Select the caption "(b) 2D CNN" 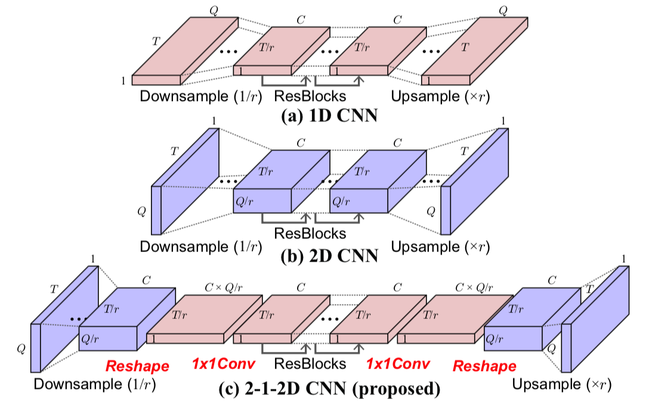pyautogui.click(x=329, y=256)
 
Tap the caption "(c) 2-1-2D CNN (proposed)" pyautogui.click(x=329, y=391)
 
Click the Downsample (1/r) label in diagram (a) pyautogui.click(x=200, y=97)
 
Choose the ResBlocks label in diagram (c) pyautogui.click(x=310, y=363)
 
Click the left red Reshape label pyautogui.click(x=137, y=365)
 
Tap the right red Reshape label pyautogui.click(x=484, y=365)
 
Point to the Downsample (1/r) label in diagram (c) pyautogui.click(x=95, y=384)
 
